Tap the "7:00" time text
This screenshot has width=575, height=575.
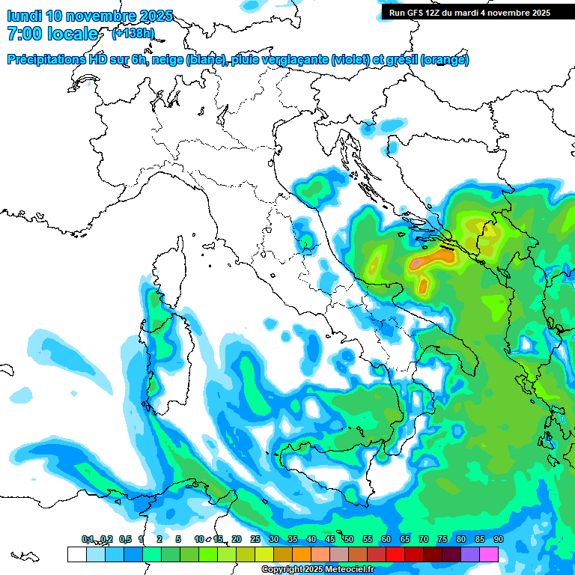pyautogui.click(x=23, y=34)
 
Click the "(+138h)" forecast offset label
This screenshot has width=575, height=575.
pyautogui.click(x=133, y=33)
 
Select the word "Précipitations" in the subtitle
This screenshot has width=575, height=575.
pyautogui.click(x=43, y=60)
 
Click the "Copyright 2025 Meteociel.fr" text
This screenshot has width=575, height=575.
pyautogui.click(x=317, y=570)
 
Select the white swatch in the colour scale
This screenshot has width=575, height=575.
pyautogui.click(x=76, y=554)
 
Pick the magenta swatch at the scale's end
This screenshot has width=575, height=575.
pyautogui.click(x=489, y=554)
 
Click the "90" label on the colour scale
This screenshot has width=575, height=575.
pyautogui.click(x=498, y=540)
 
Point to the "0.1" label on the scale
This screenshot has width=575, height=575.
pyautogui.click(x=88, y=540)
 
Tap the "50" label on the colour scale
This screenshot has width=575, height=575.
pyautogui.click(x=348, y=540)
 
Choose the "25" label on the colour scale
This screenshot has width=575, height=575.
pyautogui.click(x=255, y=540)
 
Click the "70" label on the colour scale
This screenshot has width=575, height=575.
pyautogui.click(x=423, y=540)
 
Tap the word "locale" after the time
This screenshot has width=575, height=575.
pyautogui.click(x=72, y=34)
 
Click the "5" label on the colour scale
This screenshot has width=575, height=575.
pyautogui.click(x=178, y=540)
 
